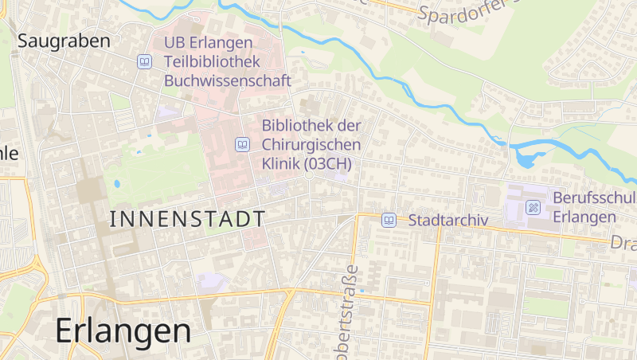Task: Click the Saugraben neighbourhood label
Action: pyautogui.click(x=64, y=41)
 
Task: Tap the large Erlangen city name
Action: pyautogui.click(x=123, y=331)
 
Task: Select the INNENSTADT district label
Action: pyautogui.click(x=186, y=218)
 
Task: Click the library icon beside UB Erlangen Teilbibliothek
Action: pyautogui.click(x=144, y=61)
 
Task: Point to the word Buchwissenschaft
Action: pyautogui.click(x=227, y=80)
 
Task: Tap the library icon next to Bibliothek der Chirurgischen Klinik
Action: pyautogui.click(x=242, y=144)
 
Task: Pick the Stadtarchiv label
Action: pyautogui.click(x=447, y=220)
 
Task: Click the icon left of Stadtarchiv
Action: pyautogui.click(x=389, y=220)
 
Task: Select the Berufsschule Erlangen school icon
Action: pyautogui.click(x=533, y=207)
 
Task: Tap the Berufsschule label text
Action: pyautogui.click(x=593, y=198)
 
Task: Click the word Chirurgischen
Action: pyautogui.click(x=311, y=144)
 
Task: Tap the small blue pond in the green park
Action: pyautogui.click(x=117, y=183)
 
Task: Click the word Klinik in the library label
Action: pyautogui.click(x=280, y=163)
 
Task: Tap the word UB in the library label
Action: pyautogui.click(x=174, y=42)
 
